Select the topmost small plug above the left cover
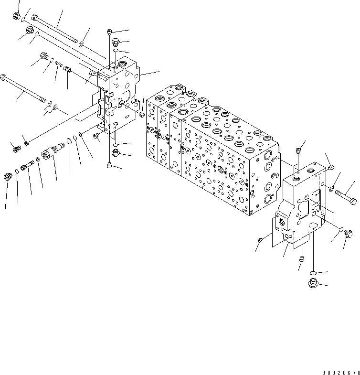(x=110, y=32)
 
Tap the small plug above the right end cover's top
(x=298, y=150)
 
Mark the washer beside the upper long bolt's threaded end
(x=81, y=44)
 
